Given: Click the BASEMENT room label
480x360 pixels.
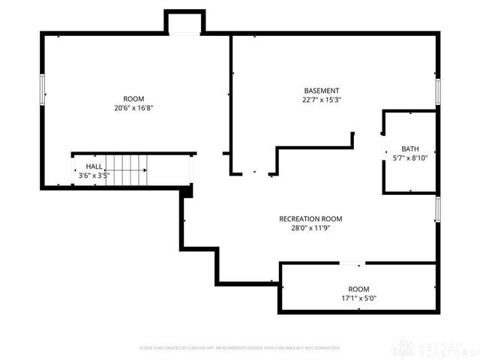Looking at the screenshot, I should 321,91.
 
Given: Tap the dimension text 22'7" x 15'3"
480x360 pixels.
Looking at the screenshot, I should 321,100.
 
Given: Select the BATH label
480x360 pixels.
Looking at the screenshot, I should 409,148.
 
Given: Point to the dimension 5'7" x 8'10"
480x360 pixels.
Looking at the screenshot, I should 409,157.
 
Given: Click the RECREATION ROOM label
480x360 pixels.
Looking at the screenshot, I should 310,219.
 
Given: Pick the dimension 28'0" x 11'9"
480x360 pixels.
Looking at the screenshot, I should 310,228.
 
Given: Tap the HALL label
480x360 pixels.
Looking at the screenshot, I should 94,166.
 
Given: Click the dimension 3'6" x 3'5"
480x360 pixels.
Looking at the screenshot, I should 94,176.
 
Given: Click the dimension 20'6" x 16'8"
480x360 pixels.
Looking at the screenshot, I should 133,108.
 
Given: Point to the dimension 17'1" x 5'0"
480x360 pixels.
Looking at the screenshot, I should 358,298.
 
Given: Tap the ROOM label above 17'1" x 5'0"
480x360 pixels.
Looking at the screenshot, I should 358,289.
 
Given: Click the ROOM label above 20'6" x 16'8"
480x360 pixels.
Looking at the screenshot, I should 133,99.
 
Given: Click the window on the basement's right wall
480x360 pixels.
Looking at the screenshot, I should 437,92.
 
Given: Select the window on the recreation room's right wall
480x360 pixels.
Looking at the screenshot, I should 437,209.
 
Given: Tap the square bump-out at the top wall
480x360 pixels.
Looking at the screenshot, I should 184,22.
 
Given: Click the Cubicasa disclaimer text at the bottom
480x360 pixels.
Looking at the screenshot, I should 240,348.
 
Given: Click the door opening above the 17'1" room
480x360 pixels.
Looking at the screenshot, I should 352,263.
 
